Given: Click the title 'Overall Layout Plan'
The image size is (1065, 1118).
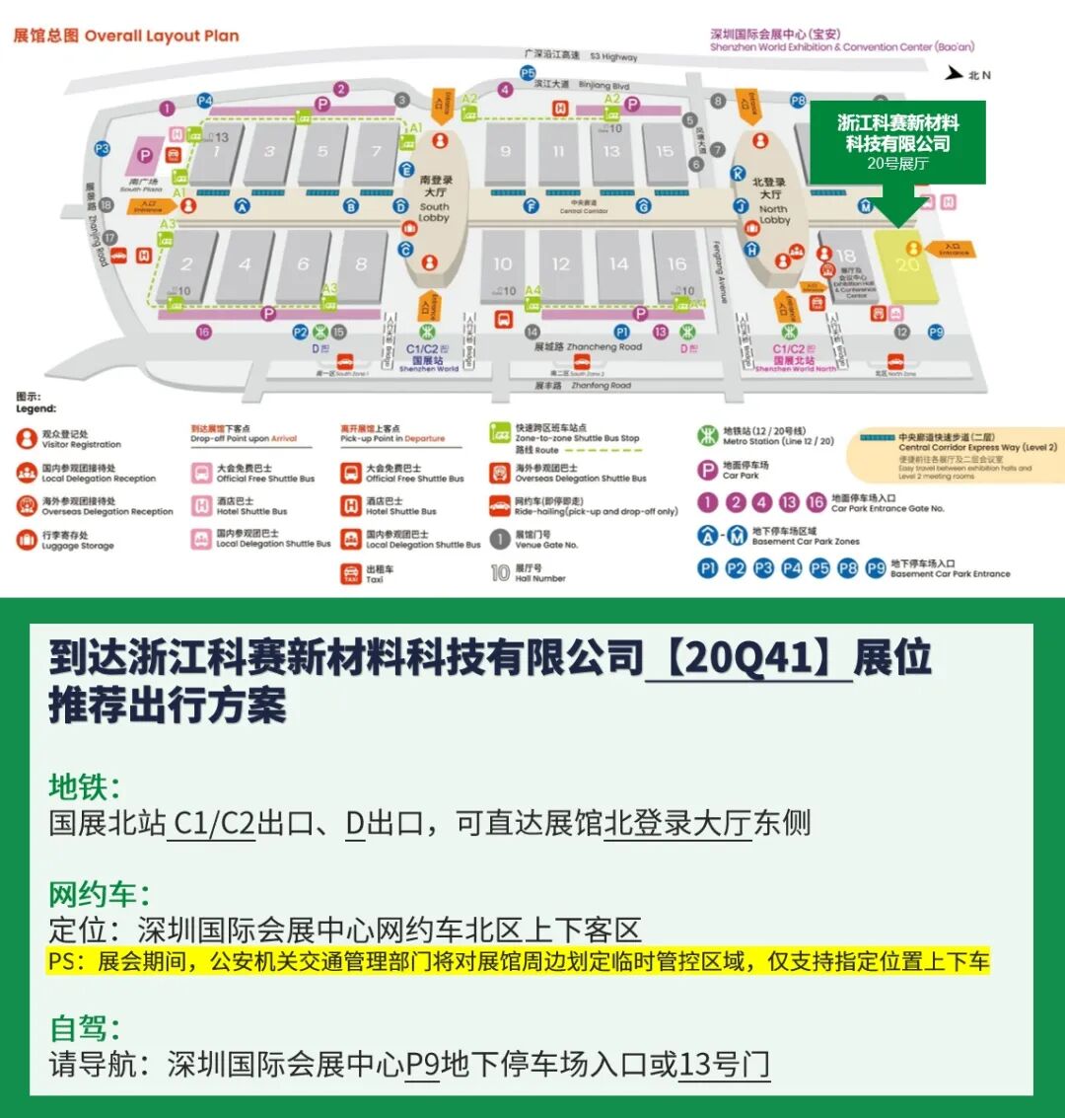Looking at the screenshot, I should [x=162, y=36].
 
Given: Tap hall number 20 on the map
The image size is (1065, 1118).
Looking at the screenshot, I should [x=908, y=264].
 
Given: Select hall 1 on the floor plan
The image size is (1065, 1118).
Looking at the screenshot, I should [x=215, y=152].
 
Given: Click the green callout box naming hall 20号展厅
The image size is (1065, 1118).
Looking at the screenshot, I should [x=897, y=142].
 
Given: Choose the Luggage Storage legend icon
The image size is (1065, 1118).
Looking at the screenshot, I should [x=26, y=540].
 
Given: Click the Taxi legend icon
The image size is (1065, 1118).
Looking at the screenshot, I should [x=350, y=573].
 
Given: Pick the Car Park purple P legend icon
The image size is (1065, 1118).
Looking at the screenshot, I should [x=707, y=470].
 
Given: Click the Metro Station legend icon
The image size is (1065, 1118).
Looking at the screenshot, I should [x=707, y=435].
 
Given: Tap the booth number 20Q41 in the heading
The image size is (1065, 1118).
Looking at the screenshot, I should [x=748, y=658].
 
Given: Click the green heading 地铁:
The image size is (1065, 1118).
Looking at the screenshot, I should [x=85, y=786].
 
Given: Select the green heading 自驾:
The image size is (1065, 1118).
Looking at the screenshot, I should [x=85, y=1028].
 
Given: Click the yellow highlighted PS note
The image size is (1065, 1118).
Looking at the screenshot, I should [x=519, y=961].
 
